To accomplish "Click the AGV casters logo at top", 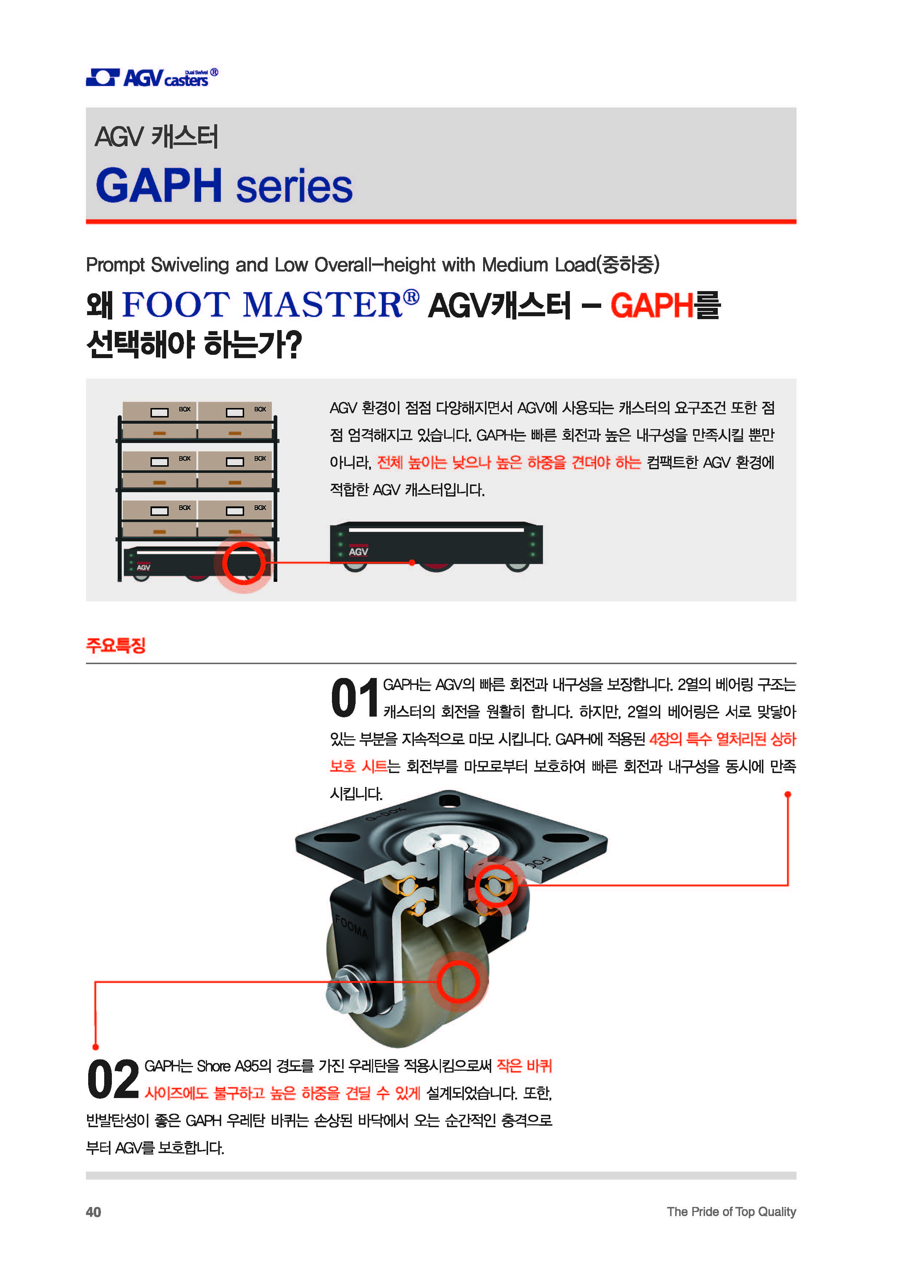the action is click(152, 77).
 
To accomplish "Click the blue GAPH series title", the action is click(224, 185).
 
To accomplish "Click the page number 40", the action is click(94, 1212).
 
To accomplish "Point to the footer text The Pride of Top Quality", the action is click(731, 1212).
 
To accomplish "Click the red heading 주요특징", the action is click(116, 645).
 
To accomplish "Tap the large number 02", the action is click(113, 1079).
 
